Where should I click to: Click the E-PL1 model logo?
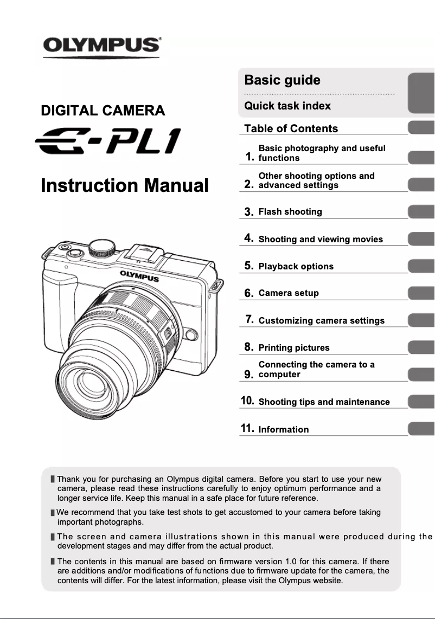107,141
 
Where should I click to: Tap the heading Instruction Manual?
125,185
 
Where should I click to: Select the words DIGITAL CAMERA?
103,111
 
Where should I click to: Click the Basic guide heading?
282,80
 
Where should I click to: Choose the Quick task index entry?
287,106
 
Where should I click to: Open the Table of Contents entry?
291,128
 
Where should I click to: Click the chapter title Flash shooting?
290,212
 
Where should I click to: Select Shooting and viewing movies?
321,239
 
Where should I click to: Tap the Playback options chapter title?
296,266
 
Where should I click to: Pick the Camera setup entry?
289,293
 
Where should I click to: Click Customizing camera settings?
322,320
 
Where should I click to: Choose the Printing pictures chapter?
294,347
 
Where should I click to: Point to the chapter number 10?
247,401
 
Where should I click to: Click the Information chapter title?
284,429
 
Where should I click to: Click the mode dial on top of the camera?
103,247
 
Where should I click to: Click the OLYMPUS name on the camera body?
139,276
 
